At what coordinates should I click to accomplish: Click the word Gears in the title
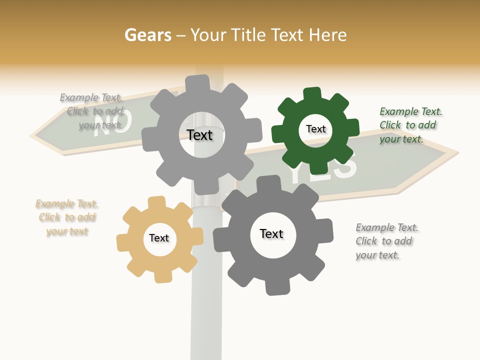147,35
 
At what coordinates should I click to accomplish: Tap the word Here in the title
327,35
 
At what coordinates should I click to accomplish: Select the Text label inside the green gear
315,129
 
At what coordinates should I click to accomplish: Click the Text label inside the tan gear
159,238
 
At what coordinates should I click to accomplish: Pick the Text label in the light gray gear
199,135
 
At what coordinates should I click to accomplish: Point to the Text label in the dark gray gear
271,233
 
